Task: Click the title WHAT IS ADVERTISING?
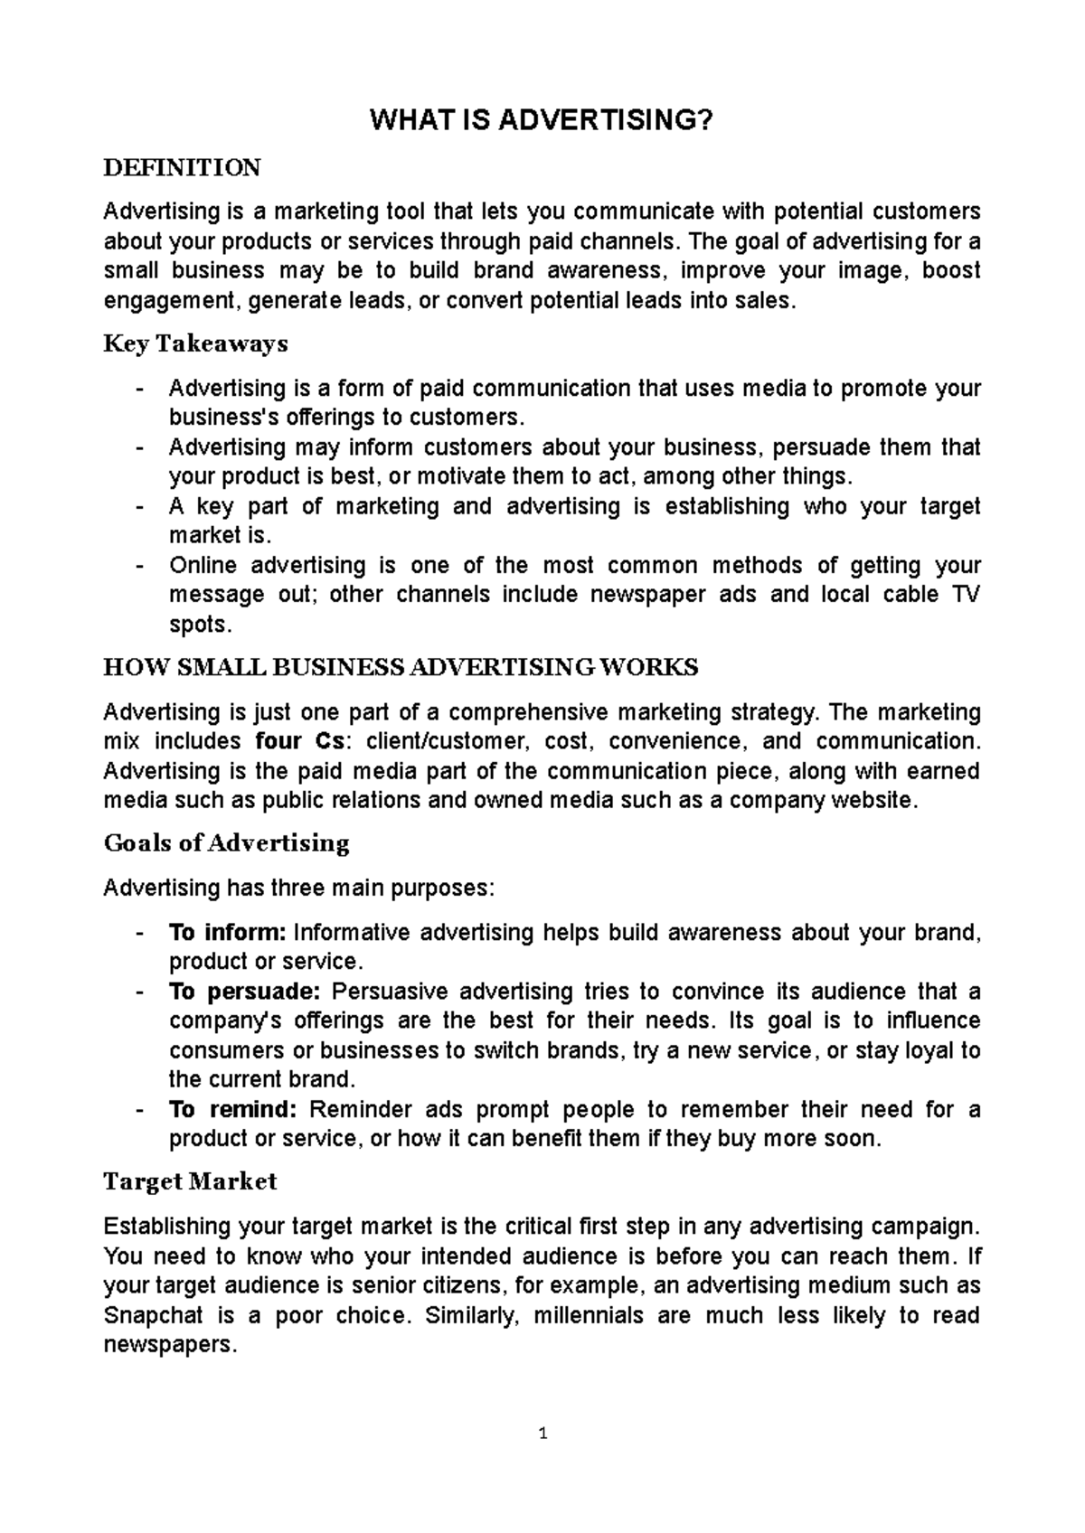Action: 542,121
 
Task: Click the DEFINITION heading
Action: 182,168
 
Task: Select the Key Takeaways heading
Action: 195,344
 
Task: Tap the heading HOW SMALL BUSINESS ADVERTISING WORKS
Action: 401,668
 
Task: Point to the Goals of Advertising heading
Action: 226,843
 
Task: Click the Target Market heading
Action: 190,1181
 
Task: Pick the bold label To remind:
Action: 232,1109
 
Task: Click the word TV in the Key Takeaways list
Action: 966,595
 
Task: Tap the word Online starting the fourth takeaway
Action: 203,566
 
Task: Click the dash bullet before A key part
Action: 137,507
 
